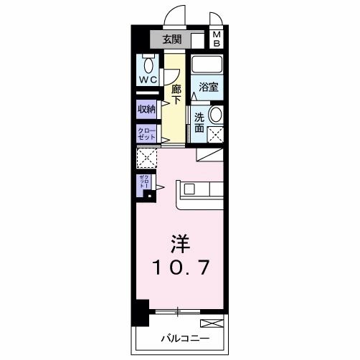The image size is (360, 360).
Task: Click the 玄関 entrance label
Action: click(171, 39)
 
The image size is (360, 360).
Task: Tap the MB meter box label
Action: click(217, 39)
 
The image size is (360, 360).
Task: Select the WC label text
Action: click(149, 79)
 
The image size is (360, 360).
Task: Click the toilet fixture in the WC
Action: click(148, 60)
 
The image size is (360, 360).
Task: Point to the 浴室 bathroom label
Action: click(209, 86)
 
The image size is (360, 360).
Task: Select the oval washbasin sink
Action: click(214, 114)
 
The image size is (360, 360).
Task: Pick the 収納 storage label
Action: click(146, 109)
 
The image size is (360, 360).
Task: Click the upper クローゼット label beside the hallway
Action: click(146, 133)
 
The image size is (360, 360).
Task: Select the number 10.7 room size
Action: click(179, 267)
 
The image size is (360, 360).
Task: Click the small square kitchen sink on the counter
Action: click(189, 189)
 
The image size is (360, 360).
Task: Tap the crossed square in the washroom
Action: click(214, 133)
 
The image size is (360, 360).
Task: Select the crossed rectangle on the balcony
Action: click(212, 323)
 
